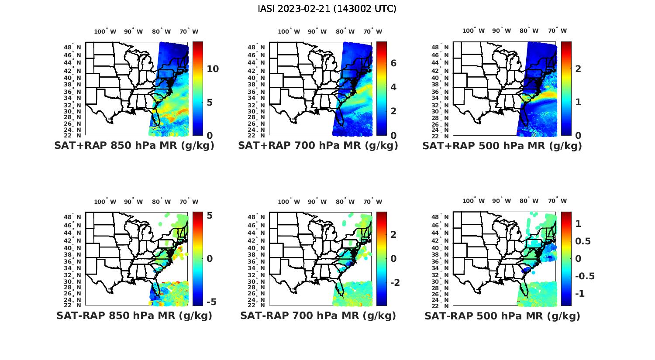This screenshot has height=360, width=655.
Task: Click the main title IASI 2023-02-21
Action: pos(327,9)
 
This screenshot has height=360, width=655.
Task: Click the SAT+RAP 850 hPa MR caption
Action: pos(134,146)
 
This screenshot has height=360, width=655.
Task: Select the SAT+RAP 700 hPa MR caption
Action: pos(318,146)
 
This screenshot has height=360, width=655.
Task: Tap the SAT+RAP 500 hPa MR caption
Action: pos(502,146)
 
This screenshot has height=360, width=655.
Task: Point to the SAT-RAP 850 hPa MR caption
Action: pos(134,315)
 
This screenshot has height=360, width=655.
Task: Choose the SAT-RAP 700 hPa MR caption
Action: pos(318,315)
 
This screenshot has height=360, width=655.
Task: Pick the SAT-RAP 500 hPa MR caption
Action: pos(502,315)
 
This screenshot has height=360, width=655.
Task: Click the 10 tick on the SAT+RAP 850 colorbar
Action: pos(213,69)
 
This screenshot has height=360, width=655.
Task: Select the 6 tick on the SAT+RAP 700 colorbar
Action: pos(393,63)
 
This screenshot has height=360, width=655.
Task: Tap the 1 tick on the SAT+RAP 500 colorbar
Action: pos(578,102)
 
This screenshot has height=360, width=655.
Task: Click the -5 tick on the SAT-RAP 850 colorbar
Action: pos(211,302)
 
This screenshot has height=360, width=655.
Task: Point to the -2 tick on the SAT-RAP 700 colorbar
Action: pos(394,282)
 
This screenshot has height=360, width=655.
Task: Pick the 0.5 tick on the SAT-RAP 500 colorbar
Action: pos(583,241)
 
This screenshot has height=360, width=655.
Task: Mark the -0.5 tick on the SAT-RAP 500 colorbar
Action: pos(585,276)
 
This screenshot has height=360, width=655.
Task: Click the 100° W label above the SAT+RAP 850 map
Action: pos(105,31)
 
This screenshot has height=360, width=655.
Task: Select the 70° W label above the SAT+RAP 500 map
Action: pos(557,31)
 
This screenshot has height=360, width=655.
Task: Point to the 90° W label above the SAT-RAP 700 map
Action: pos(317,202)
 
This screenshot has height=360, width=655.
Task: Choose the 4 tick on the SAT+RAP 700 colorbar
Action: pos(393,87)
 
